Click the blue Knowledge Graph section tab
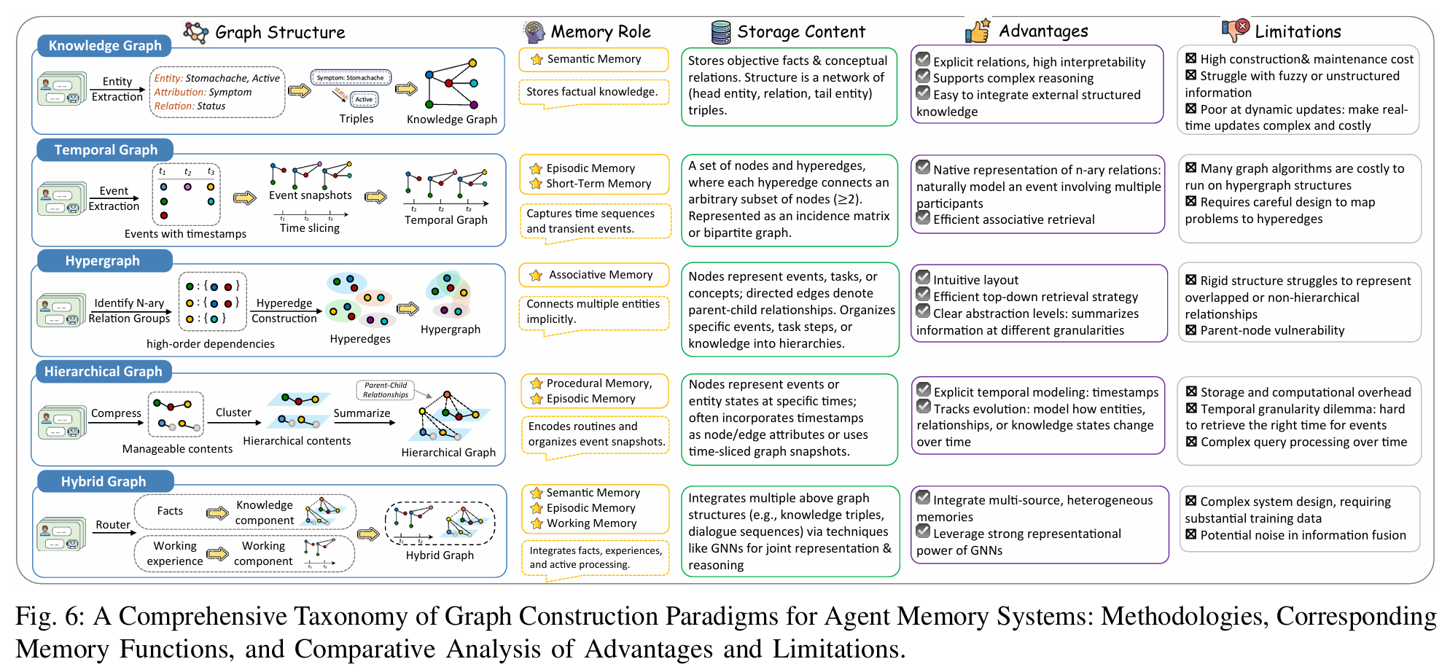pos(104,46)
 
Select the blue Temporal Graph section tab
pos(105,150)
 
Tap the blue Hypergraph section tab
pos(102,261)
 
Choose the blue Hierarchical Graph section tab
pos(103,372)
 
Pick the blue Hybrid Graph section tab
pos(103,482)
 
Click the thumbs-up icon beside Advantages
pos(977,31)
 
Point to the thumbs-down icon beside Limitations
pos(1235,30)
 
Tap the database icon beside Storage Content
pos(720,32)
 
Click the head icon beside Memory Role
pos(534,32)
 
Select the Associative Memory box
pos(593,275)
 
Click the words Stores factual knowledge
pos(592,92)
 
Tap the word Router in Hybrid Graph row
pos(113,525)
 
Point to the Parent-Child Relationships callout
pos(386,390)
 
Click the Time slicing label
pos(310,228)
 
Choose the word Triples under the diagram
pos(356,119)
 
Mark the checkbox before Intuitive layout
pos(923,278)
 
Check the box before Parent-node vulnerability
pos(1190,330)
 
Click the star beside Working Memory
pos(537,523)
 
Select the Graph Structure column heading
pos(280,33)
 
